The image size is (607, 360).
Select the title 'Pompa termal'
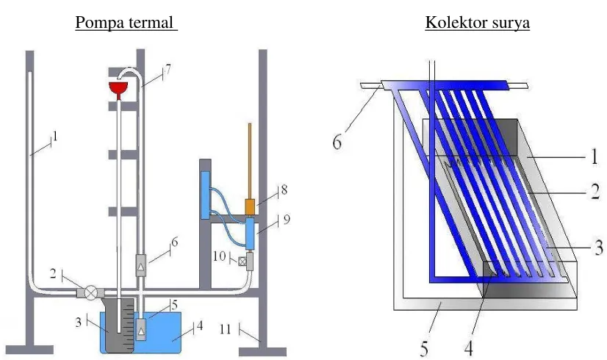click(x=124, y=23)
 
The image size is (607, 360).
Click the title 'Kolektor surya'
click(x=477, y=23)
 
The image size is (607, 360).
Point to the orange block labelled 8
click(x=250, y=206)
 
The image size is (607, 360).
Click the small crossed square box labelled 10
click(x=242, y=262)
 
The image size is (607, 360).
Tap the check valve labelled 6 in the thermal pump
click(x=140, y=265)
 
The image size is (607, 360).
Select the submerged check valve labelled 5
click(x=142, y=329)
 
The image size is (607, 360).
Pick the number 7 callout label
click(x=168, y=70)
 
